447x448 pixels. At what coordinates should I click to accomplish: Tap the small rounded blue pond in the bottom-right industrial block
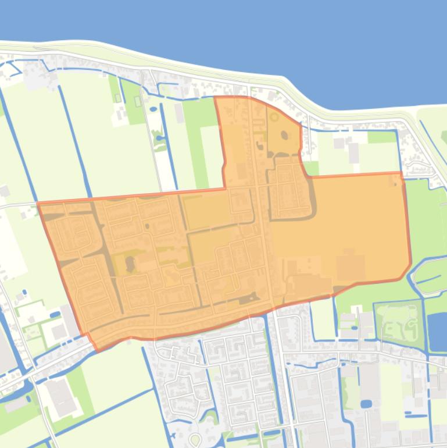point(366,403)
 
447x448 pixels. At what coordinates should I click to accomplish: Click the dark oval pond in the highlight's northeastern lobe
point(284,135)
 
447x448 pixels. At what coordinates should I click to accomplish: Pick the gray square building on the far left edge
point(5,191)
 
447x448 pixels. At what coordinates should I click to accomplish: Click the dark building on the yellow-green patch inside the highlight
point(129,264)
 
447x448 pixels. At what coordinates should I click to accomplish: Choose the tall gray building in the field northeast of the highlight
point(353,152)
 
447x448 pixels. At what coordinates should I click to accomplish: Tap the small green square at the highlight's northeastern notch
point(312,168)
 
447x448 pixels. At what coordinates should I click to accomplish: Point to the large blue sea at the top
point(233,35)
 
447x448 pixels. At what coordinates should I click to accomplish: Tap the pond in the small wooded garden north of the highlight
point(159,138)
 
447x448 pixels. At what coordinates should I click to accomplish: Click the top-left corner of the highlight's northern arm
point(216,98)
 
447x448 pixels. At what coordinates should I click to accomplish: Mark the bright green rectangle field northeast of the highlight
point(381,137)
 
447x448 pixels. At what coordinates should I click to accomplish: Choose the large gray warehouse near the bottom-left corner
point(61,397)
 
